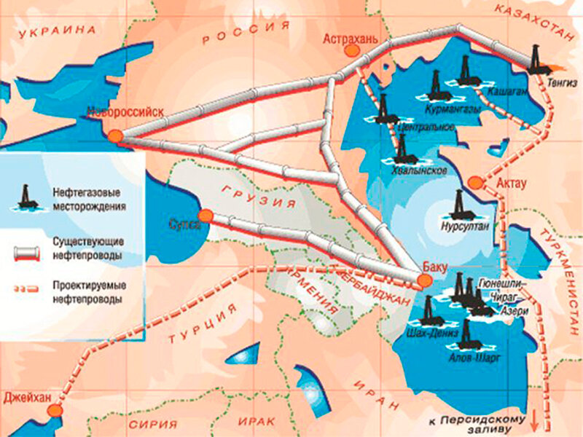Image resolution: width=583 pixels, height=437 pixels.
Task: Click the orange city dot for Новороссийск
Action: click(114, 135)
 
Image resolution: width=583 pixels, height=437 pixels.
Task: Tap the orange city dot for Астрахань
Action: click(352, 50)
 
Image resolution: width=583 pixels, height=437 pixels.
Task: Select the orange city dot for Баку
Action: click(425, 280)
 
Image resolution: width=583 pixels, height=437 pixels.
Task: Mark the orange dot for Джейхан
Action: click(54, 411)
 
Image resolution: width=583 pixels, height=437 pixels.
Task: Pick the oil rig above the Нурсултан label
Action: click(459, 205)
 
